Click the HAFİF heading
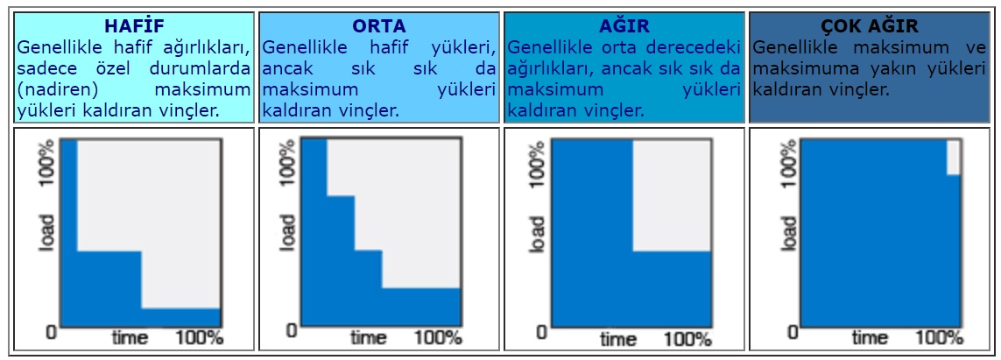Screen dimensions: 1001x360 coord(135,26)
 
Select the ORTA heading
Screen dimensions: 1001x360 coord(379,26)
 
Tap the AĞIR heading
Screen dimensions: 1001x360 coord(624,26)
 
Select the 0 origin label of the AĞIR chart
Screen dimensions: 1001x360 coord(540,332)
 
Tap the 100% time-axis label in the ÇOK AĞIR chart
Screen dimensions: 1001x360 coord(939,337)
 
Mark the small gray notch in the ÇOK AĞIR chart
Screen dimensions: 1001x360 coord(953,157)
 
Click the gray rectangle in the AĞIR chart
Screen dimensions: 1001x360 coord(672,195)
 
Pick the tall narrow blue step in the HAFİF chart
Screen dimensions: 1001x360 coord(69,195)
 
